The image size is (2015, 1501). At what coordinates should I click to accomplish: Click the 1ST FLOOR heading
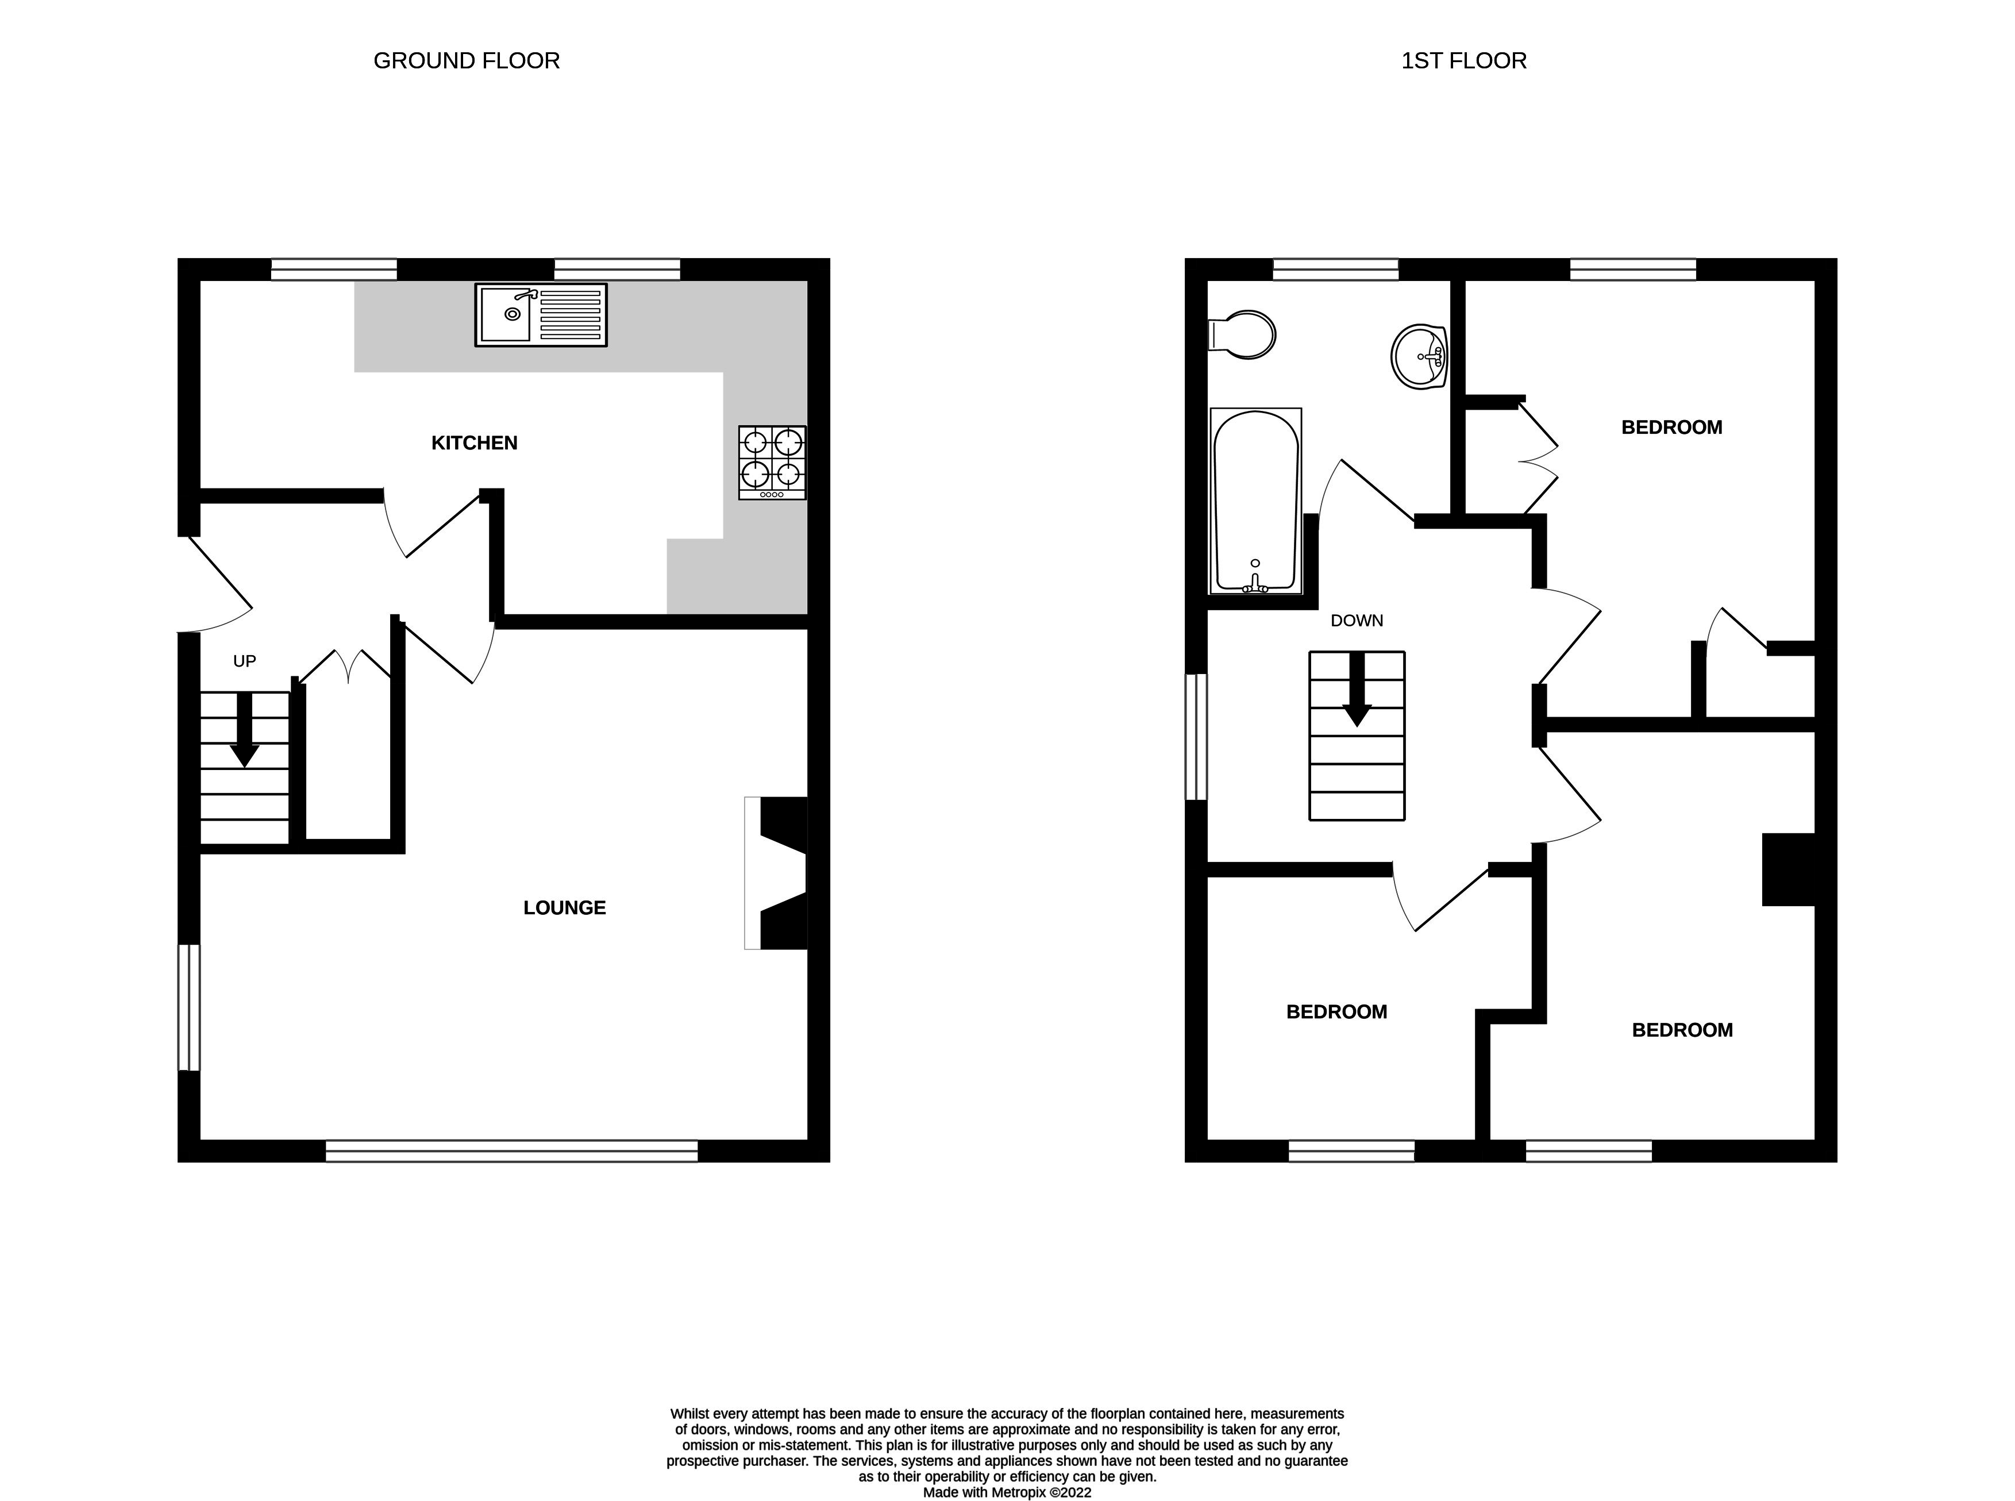coord(1463,61)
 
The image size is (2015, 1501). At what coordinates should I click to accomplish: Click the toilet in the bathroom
coord(1243,335)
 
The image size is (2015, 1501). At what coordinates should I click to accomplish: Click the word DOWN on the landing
coord(1357,621)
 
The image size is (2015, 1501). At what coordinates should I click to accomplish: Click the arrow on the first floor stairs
coord(1357,691)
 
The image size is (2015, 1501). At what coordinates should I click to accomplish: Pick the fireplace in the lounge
coord(777,873)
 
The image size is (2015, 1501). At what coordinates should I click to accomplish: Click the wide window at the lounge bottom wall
coord(511,1151)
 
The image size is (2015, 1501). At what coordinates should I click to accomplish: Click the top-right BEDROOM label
coord(1671,427)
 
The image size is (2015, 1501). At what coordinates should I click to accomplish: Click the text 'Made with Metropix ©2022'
coord(1007,1492)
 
